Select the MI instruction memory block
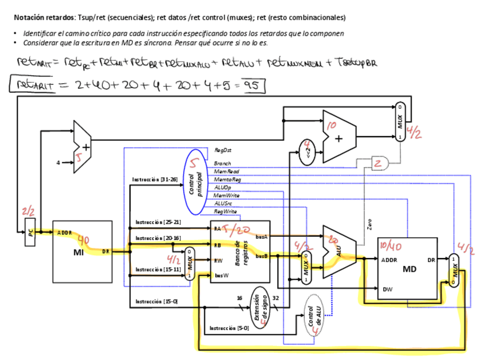(82, 251)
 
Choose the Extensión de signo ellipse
(259, 307)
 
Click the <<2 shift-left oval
(306, 153)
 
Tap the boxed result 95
(252, 85)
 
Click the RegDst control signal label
(222, 151)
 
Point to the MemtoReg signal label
(227, 179)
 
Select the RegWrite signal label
(225, 211)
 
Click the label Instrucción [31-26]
(155, 179)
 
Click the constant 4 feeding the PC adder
(58, 163)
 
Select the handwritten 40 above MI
(83, 240)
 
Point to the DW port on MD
(387, 289)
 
